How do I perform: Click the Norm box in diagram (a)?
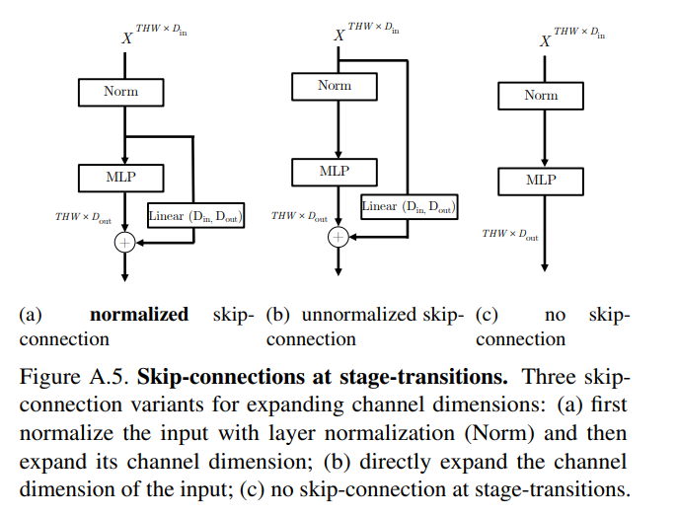pos(121,92)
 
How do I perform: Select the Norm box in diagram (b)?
pos(335,86)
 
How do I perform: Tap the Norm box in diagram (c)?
pos(541,95)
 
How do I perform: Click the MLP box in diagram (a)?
pos(121,178)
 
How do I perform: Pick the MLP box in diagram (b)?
pos(335,171)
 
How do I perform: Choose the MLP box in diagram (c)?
pos(541,181)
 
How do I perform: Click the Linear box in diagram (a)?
pos(195,214)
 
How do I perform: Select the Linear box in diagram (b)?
pos(412,207)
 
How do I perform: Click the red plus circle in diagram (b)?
pos(339,237)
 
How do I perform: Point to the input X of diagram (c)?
pos(544,41)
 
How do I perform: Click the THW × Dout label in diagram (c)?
pos(510,234)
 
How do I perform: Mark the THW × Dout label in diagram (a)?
pos(83,216)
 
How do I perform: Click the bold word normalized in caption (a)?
pos(138,316)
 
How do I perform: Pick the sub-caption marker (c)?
pos(486,316)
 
